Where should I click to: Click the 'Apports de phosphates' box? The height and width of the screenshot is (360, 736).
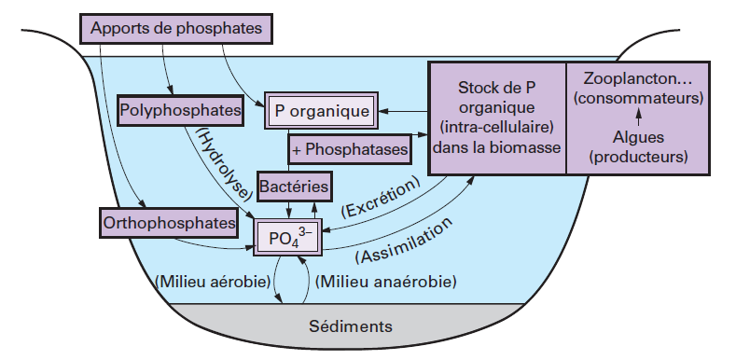click(x=177, y=28)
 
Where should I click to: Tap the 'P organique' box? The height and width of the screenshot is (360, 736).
click(x=322, y=111)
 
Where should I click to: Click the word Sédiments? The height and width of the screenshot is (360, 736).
click(x=351, y=326)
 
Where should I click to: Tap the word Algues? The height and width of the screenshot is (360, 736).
click(x=638, y=137)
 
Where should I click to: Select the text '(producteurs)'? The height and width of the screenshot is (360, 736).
click(x=638, y=156)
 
